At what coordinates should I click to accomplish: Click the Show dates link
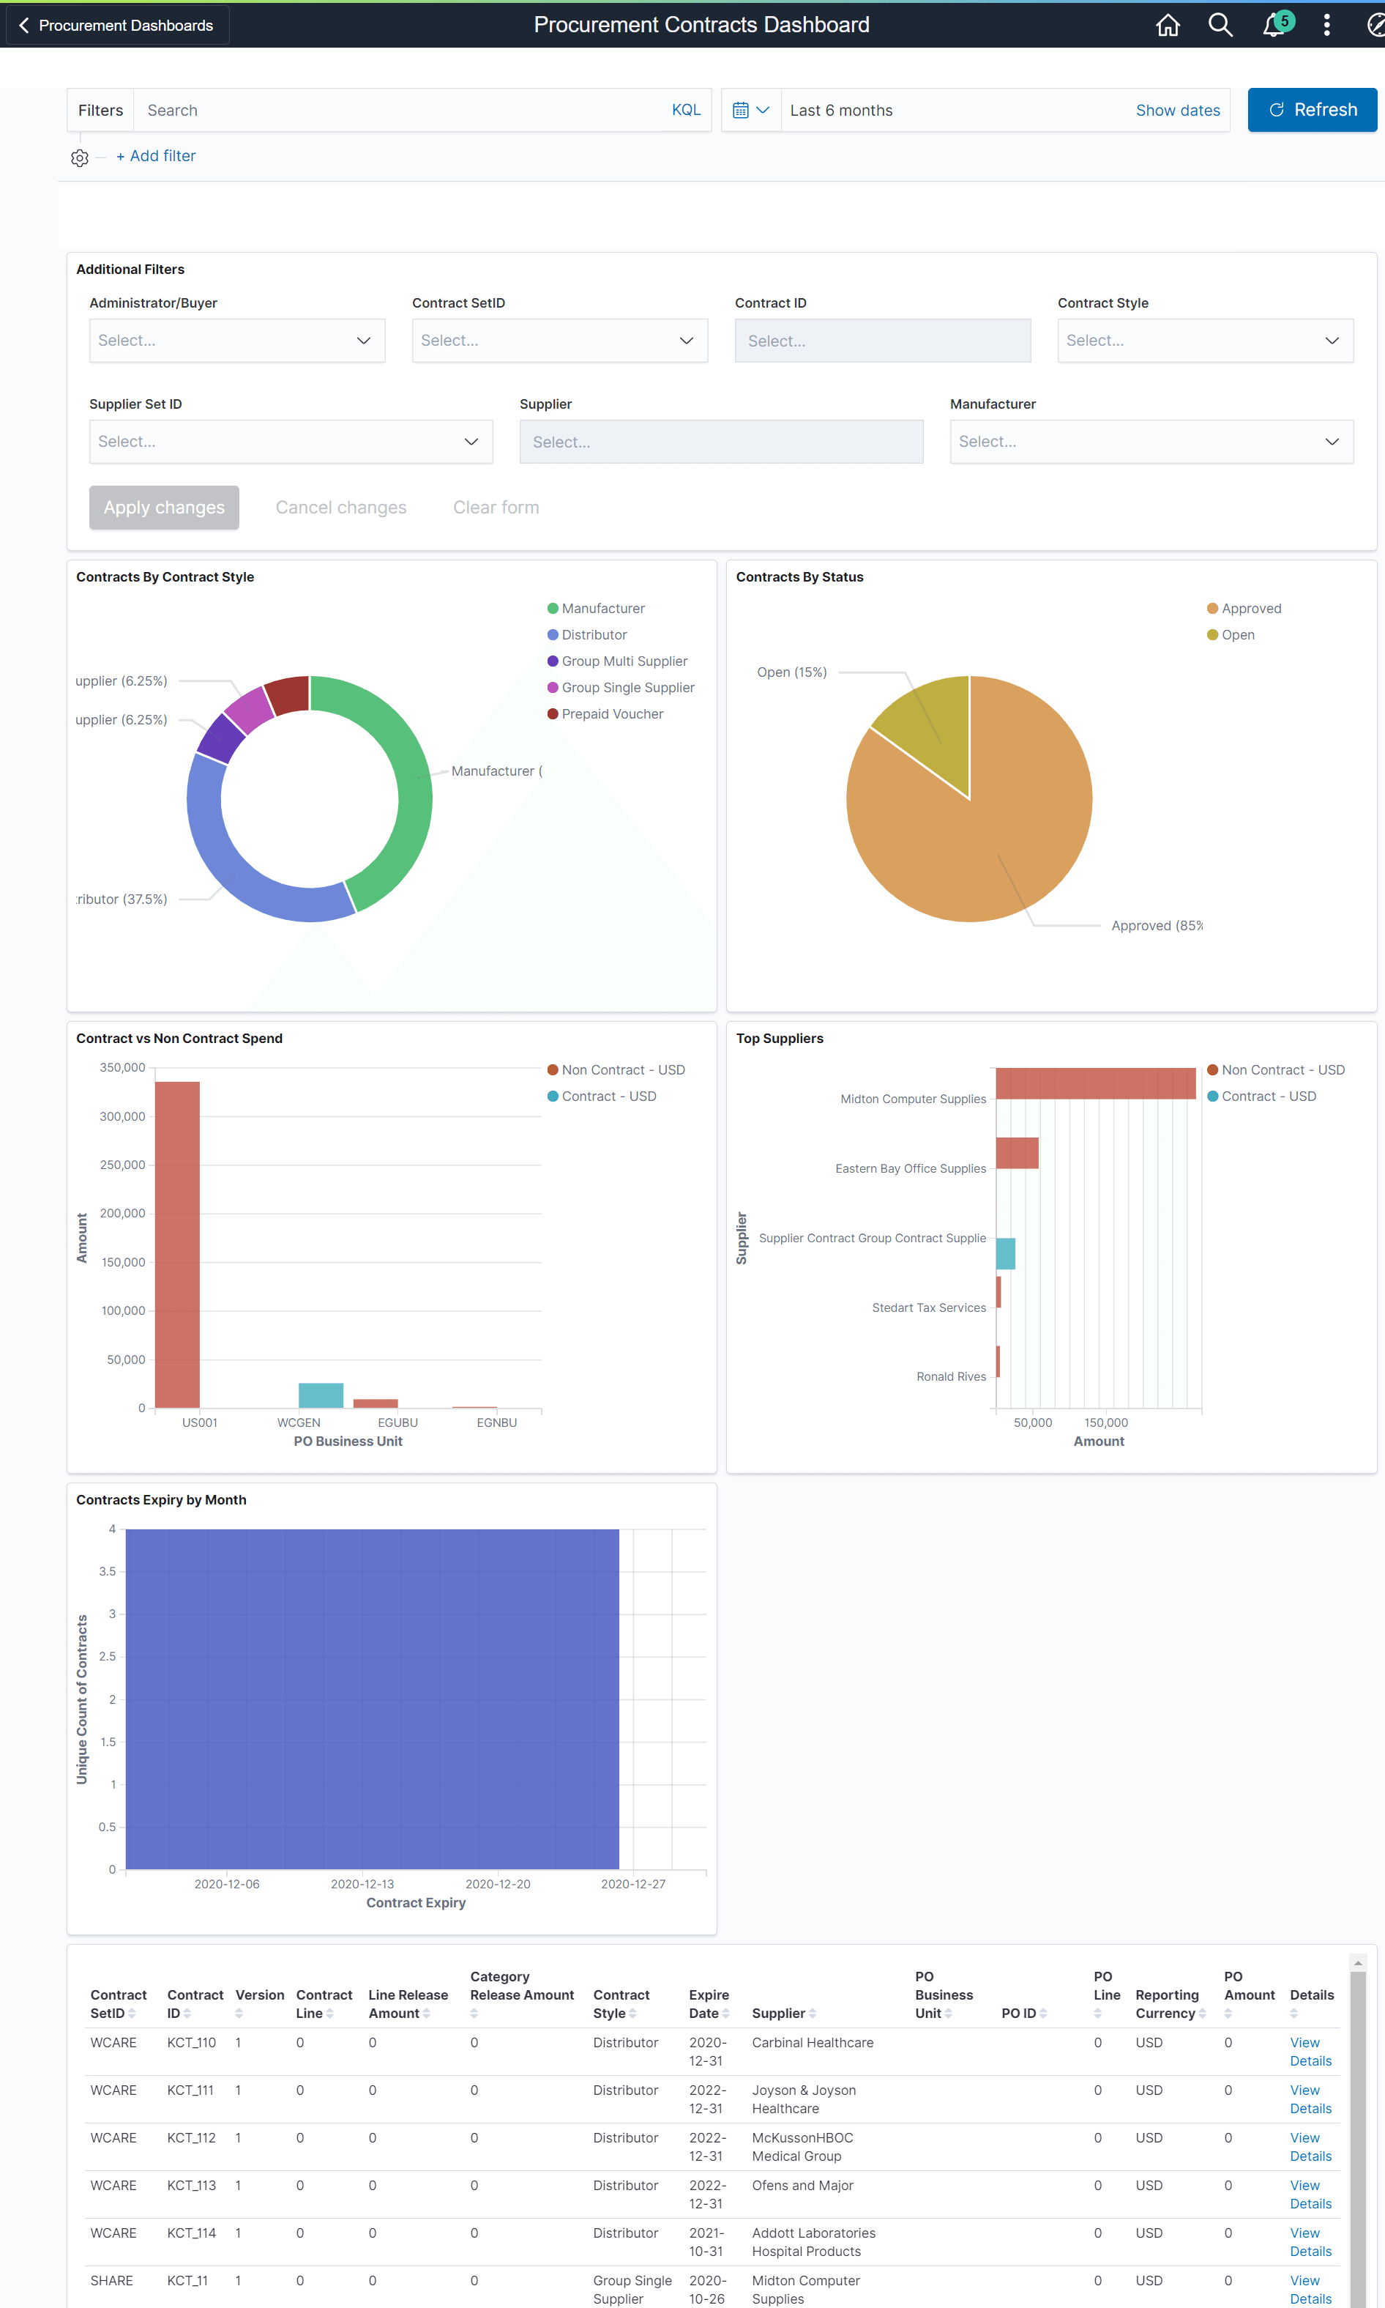coord(1177,110)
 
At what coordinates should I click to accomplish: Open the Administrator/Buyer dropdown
coord(236,341)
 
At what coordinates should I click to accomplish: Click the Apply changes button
coord(164,507)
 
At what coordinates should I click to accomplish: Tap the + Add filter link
coord(156,156)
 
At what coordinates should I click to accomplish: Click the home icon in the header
coord(1167,25)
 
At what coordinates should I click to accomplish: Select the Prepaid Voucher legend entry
coord(611,713)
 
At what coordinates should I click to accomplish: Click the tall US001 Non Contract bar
coord(177,1242)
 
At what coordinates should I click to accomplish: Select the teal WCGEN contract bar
coord(320,1395)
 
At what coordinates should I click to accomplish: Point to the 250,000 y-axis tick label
coord(122,1165)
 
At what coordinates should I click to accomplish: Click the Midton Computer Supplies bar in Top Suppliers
coord(1094,1083)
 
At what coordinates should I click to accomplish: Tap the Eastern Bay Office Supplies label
coord(910,1168)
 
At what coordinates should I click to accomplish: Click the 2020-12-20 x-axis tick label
coord(498,1883)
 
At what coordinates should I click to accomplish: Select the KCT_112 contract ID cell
coord(191,2137)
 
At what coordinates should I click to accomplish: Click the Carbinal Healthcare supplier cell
coord(812,2042)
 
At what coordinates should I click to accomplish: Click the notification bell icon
coord(1272,25)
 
